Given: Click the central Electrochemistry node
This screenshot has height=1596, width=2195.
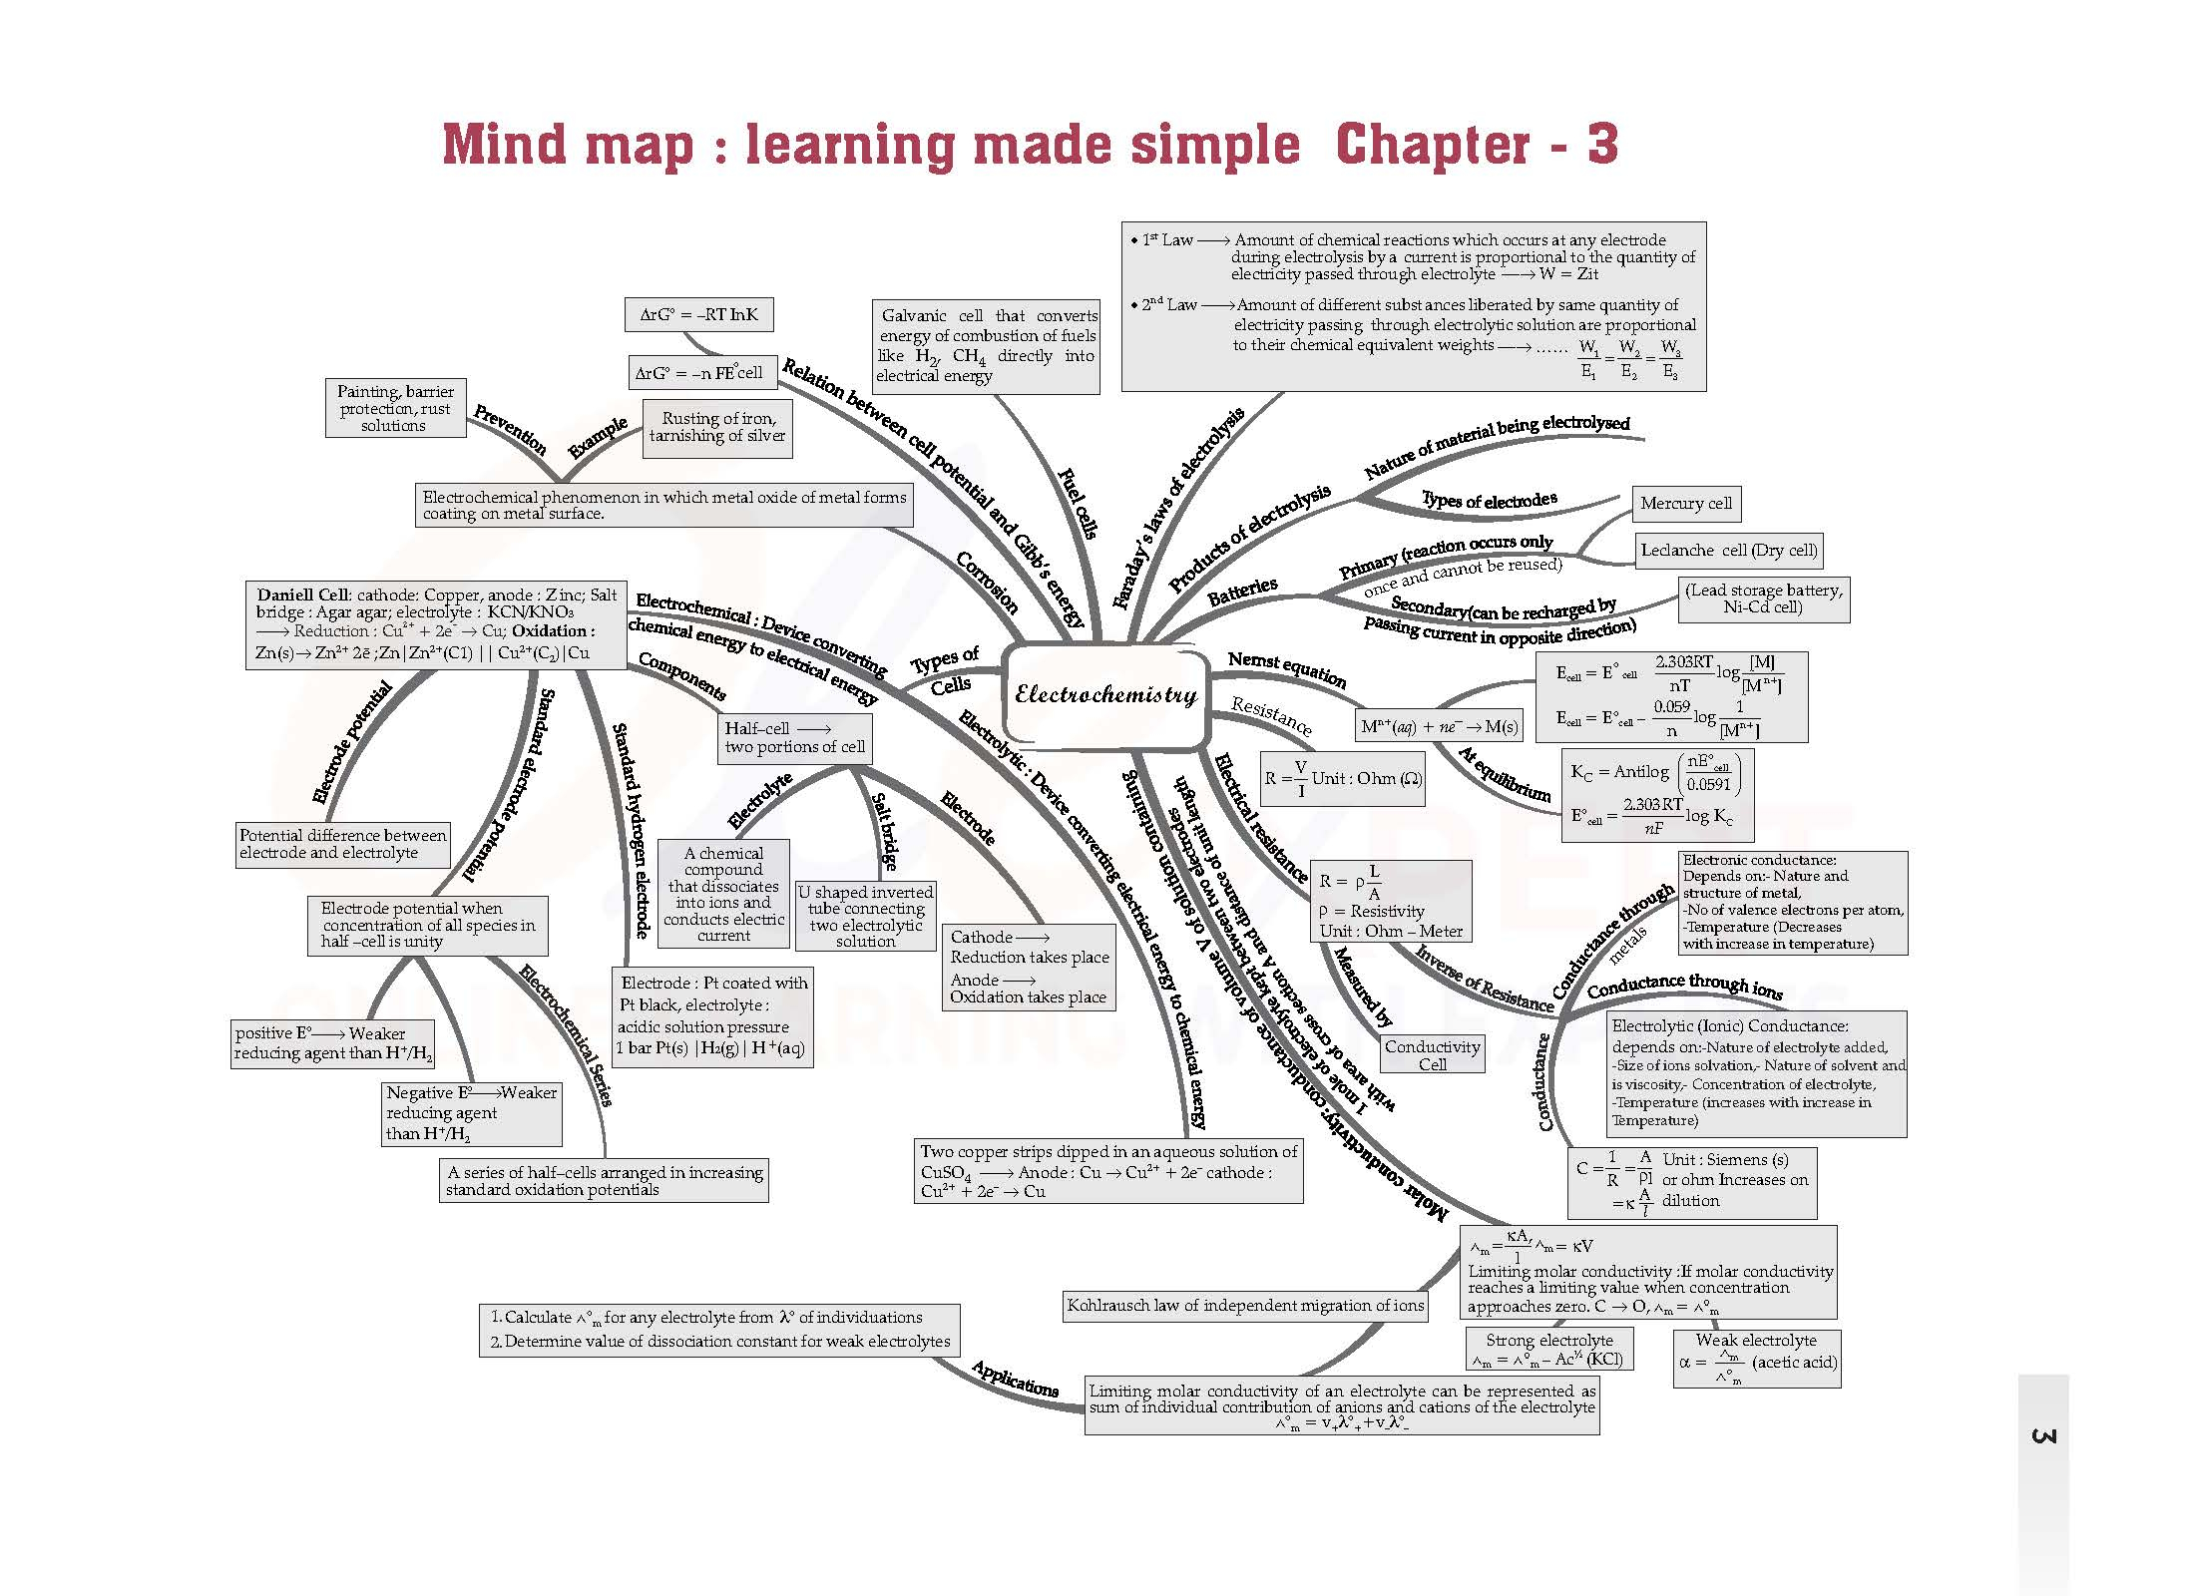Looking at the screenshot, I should click(1104, 695).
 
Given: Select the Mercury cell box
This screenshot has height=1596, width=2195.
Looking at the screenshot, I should click(1686, 504).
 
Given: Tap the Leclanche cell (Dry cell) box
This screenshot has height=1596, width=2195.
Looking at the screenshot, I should click(1728, 550).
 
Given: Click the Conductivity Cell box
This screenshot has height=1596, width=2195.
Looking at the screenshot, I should click(1432, 1054).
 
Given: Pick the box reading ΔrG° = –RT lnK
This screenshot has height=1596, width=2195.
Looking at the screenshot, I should click(698, 314).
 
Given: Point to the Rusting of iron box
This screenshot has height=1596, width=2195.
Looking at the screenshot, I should click(717, 428).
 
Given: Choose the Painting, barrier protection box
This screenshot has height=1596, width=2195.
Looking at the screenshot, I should click(395, 408).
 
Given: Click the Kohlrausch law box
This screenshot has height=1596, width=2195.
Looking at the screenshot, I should click(1245, 1305).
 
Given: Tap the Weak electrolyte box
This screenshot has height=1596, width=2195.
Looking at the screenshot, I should click(1756, 1358).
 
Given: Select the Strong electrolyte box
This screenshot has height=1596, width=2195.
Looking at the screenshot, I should click(1548, 1349).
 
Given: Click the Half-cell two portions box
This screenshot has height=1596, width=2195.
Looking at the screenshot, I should click(794, 738).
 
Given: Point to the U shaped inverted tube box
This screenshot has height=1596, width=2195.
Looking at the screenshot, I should click(866, 916).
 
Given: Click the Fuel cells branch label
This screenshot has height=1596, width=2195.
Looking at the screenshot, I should click(1078, 503).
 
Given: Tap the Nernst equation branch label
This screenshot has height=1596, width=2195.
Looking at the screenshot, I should click(1287, 669).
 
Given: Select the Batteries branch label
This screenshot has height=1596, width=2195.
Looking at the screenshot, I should click(1242, 591).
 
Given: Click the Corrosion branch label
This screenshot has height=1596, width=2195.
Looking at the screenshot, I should click(987, 583).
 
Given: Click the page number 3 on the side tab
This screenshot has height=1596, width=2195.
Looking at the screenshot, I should click(2042, 1436).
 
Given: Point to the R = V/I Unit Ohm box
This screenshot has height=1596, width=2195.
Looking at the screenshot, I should click(1342, 778).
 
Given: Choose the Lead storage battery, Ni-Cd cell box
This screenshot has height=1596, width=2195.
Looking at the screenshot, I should click(1763, 598).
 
